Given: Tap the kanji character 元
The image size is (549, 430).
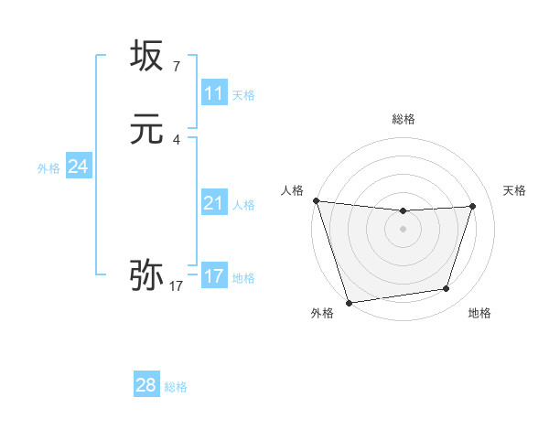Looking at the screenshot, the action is [146, 129].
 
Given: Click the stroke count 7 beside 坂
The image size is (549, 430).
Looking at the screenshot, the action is [176, 66].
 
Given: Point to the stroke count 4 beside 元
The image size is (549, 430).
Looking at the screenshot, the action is [176, 139].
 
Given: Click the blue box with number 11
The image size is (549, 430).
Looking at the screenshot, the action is [213, 93].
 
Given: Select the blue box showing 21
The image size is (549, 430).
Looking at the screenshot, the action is [213, 203].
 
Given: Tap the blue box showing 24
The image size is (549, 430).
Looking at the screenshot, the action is [79, 167].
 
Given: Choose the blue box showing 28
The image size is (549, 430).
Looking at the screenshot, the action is [146, 385].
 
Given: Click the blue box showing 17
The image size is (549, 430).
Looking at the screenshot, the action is [213, 276].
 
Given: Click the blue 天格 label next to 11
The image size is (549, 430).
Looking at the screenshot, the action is [243, 95].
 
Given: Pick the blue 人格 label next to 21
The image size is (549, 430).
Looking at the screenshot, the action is [243, 205].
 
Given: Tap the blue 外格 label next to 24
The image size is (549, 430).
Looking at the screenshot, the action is [48, 168].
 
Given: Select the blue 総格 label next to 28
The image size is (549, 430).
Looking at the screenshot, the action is [176, 387].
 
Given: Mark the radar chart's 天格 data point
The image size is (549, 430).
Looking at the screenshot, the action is [473, 206].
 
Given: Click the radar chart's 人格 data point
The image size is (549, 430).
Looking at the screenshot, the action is [316, 200].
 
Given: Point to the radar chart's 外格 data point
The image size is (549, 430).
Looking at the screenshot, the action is [349, 302].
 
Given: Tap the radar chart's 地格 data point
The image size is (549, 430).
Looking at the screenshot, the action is [447, 289].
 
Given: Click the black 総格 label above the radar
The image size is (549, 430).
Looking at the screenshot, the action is [403, 119].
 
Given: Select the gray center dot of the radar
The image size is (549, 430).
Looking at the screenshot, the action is [403, 229].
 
